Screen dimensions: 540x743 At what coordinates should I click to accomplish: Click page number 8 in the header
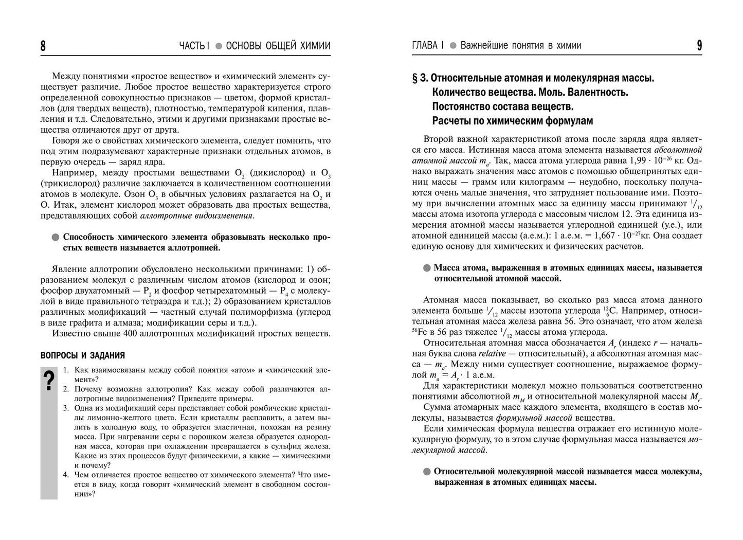point(43,46)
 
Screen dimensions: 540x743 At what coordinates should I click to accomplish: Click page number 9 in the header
point(699,46)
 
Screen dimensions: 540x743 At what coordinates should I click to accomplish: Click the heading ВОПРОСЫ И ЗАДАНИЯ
point(82,355)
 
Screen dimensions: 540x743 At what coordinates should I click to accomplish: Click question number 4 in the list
point(66,475)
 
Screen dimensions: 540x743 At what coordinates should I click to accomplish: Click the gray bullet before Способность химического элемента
point(56,238)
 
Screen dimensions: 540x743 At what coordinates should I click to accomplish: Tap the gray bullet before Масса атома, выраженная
point(427,268)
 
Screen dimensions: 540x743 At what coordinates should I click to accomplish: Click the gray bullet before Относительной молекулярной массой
point(427,472)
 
